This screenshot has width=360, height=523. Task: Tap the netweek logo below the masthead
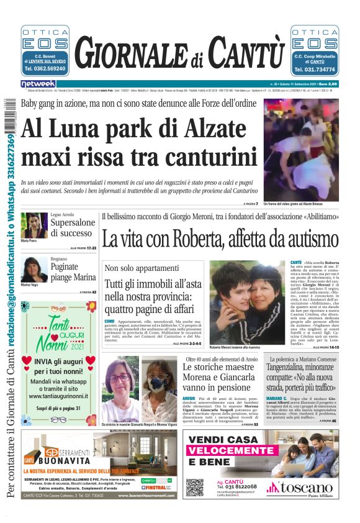[38, 84]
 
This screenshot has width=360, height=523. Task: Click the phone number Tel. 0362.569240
[45, 70]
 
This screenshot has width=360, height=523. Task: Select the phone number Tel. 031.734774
[315, 70]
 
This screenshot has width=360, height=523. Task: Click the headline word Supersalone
[73, 222]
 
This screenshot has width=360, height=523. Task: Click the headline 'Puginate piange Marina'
[73, 271]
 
